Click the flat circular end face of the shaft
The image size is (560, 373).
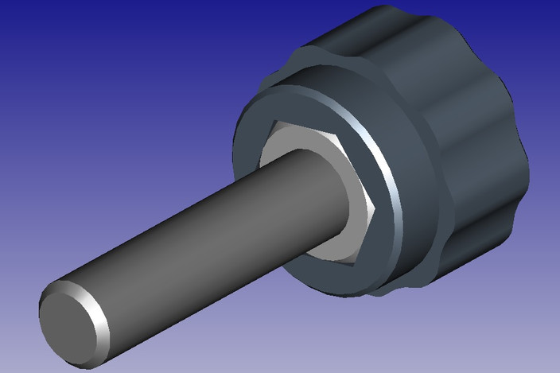click(70, 322)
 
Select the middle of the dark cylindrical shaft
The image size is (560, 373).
click(199, 239)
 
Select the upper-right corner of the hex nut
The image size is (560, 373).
click(340, 136)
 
